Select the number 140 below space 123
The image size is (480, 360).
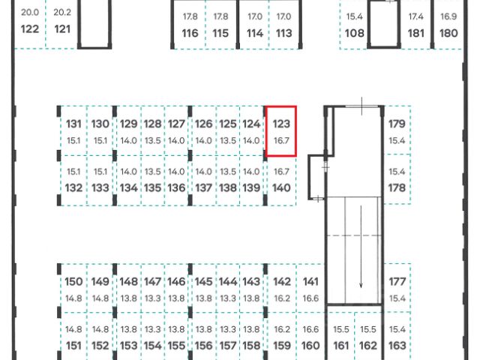click(281, 187)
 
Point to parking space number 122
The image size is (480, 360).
click(30, 30)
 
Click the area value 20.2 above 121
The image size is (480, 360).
click(63, 13)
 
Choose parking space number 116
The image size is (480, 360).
click(190, 33)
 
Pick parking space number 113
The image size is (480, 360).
click(283, 33)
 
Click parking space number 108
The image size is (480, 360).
click(355, 33)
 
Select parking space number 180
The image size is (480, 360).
click(448, 33)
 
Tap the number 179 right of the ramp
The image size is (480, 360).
click(397, 124)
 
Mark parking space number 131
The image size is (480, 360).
click(73, 124)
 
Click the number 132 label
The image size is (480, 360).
click(73, 187)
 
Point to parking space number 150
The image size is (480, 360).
click(73, 282)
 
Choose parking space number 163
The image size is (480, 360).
click(397, 346)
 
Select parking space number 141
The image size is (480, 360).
click(310, 282)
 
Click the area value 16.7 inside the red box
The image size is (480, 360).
click(281, 140)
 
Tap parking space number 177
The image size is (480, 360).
click(397, 282)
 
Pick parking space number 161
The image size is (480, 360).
click(341, 346)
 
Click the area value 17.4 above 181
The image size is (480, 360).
click(415, 16)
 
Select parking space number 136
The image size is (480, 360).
click(176, 187)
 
